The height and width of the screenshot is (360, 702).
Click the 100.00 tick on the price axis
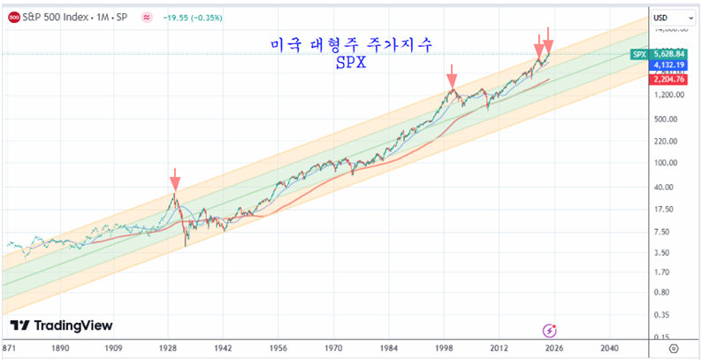click(x=664, y=163)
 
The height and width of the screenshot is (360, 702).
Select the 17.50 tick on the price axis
click(x=662, y=210)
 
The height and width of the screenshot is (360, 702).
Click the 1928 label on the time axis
click(x=170, y=349)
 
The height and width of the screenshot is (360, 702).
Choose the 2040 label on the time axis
click(x=609, y=349)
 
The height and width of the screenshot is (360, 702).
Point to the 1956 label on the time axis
click(x=279, y=349)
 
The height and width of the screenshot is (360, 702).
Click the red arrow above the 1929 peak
click(x=175, y=181)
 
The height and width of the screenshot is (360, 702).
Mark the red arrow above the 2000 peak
click(x=452, y=74)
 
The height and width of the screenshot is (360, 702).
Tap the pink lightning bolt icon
click(x=550, y=330)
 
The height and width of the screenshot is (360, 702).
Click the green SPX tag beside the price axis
click(x=640, y=54)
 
